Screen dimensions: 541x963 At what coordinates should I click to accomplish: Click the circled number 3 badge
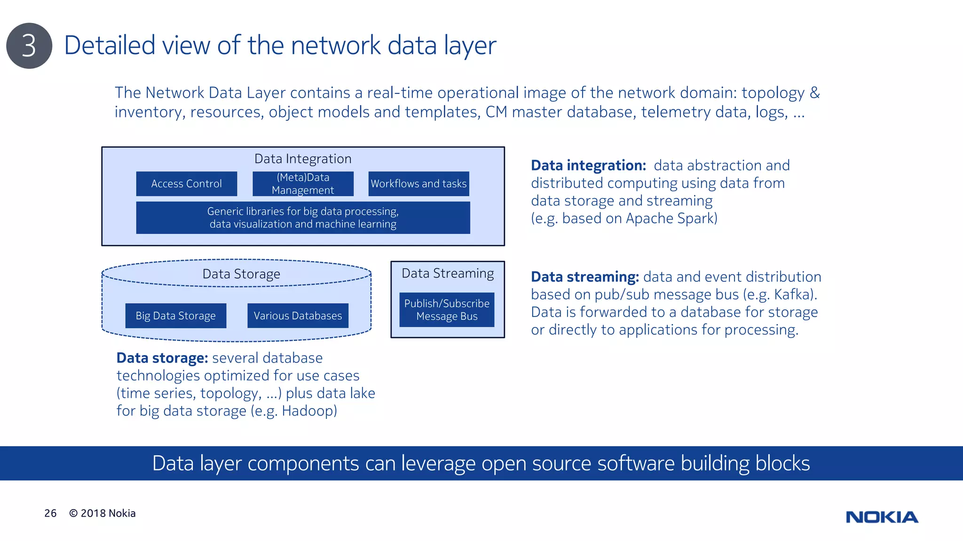pyautogui.click(x=29, y=46)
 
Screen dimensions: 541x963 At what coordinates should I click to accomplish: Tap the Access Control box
pyautogui.click(x=187, y=184)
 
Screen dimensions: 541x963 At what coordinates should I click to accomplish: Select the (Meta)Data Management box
pyautogui.click(x=303, y=184)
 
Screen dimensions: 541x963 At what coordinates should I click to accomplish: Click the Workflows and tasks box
pyautogui.click(x=418, y=184)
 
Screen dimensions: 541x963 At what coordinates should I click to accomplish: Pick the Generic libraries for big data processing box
pyautogui.click(x=303, y=218)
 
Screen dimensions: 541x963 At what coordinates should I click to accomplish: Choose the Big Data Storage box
pyautogui.click(x=176, y=316)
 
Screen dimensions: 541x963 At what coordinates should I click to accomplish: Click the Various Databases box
pyautogui.click(x=298, y=316)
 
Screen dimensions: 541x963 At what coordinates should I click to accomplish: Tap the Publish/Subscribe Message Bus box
pyautogui.click(x=447, y=310)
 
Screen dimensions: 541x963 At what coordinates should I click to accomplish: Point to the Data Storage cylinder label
pyautogui.click(x=241, y=274)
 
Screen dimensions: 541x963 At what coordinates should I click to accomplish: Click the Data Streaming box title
pyautogui.click(x=448, y=273)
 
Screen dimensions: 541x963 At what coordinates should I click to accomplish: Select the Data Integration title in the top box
pyautogui.click(x=303, y=159)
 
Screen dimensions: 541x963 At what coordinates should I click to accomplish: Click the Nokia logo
pyautogui.click(x=882, y=517)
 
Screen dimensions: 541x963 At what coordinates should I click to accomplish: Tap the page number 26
pyautogui.click(x=50, y=513)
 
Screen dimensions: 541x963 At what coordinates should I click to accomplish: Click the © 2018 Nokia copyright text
pyautogui.click(x=103, y=513)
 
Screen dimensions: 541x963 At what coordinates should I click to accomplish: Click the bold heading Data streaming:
pyautogui.click(x=584, y=277)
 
